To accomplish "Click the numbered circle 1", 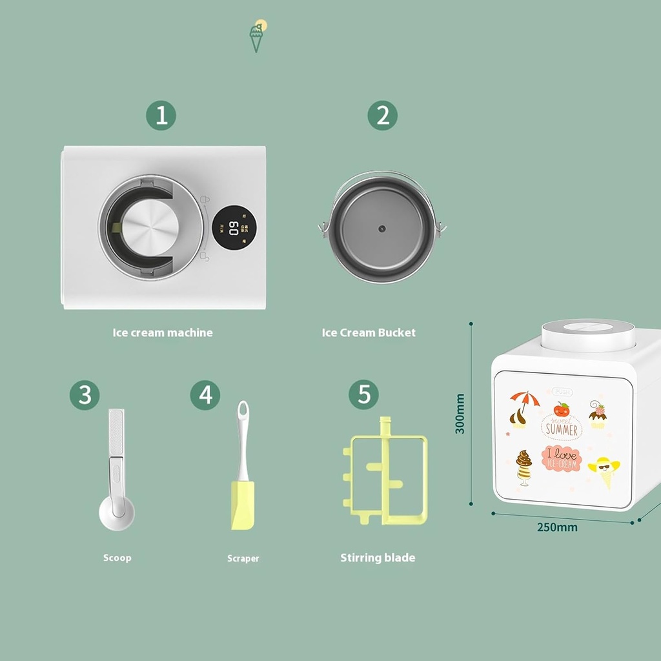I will (x=161, y=116).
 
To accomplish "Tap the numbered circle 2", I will (x=383, y=116).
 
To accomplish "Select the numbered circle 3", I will (x=85, y=395).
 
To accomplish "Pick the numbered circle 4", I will (x=205, y=395).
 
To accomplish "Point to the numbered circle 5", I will (x=364, y=395).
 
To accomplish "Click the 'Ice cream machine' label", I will (x=163, y=333).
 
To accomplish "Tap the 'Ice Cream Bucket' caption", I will (x=369, y=333).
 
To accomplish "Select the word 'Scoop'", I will (x=117, y=558).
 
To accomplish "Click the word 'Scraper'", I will (x=243, y=558).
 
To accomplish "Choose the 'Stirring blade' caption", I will (x=378, y=558).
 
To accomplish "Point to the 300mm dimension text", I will (x=460, y=414).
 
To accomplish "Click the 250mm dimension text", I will (x=557, y=527).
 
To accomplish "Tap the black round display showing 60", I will (x=230, y=227).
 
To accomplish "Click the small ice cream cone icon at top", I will (x=257, y=36).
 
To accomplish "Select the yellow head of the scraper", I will (x=243, y=505).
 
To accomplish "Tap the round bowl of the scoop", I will (x=117, y=514).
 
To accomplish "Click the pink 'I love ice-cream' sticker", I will (x=562, y=458).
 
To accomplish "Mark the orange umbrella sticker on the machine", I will (x=524, y=399).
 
